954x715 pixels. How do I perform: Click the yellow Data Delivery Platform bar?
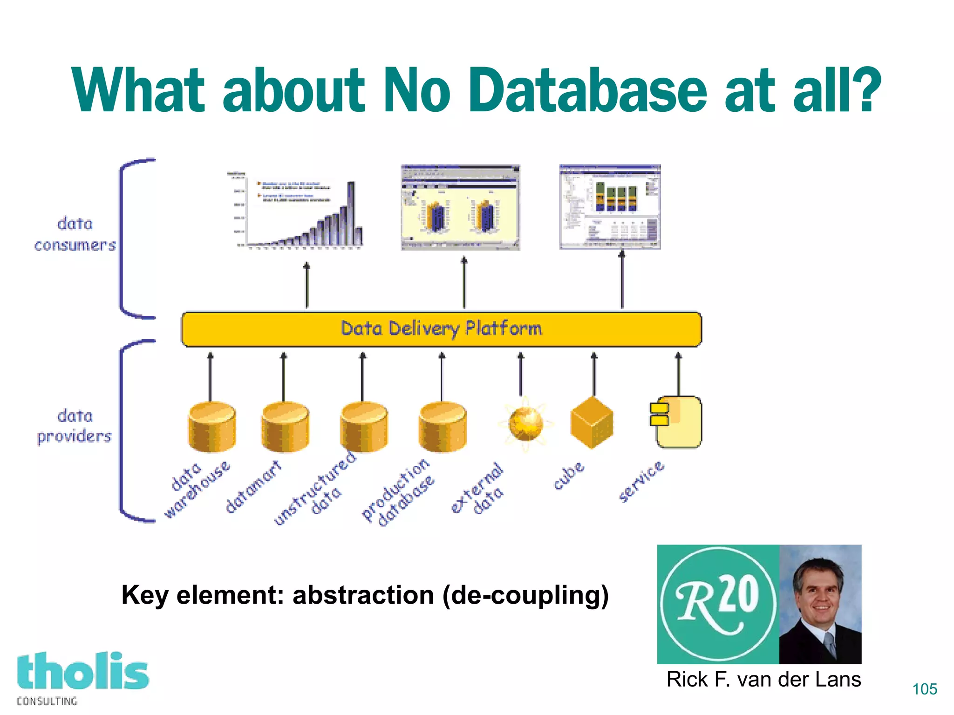(x=441, y=329)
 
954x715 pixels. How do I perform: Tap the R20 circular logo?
(x=718, y=604)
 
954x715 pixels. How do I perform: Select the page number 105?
(x=925, y=689)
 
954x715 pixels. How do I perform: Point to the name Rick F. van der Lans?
(x=763, y=679)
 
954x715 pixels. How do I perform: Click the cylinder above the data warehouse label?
(x=211, y=427)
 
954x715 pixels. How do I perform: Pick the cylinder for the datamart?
(x=285, y=427)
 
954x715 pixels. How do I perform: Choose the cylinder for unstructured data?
(x=364, y=427)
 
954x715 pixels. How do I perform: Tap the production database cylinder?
(x=443, y=427)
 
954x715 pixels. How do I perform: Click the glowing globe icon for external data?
(x=525, y=424)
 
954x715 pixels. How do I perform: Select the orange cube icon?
(x=592, y=422)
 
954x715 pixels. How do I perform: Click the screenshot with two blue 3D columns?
(x=460, y=207)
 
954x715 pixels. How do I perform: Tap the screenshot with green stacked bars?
(x=610, y=207)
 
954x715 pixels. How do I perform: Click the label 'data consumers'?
(x=75, y=234)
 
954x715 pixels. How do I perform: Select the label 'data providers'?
(x=75, y=426)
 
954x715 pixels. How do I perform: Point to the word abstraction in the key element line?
(x=363, y=595)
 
